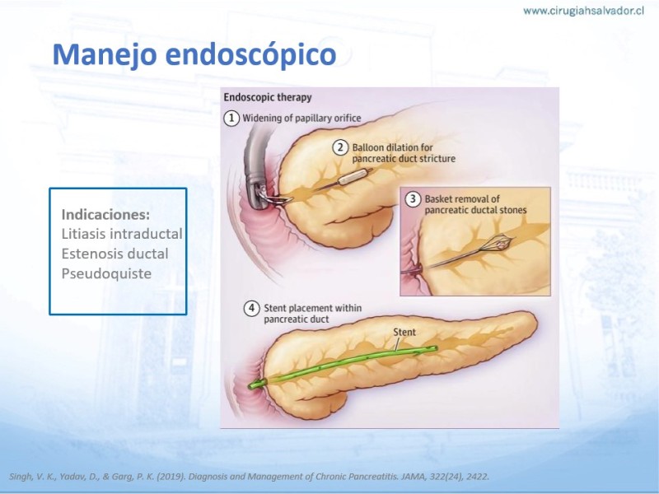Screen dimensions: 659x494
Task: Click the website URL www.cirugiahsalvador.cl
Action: (583, 11)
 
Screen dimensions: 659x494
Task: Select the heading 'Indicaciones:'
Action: (105, 215)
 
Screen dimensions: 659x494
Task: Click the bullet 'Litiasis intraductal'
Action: (122, 234)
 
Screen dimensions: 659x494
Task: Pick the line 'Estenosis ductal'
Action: (115, 254)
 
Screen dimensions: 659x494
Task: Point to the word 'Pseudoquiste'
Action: (106, 274)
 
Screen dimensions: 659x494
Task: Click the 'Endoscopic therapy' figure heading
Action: (268, 97)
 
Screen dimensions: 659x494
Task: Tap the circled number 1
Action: (231, 118)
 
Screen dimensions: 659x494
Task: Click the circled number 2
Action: (340, 147)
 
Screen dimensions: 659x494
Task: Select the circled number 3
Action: (413, 198)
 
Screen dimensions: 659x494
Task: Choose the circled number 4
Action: (251, 308)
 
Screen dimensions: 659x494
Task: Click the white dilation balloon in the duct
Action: (355, 176)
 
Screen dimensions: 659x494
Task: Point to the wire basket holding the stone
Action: (498, 243)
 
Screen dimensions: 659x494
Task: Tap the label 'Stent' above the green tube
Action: (404, 333)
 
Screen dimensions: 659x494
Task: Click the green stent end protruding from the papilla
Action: (256, 384)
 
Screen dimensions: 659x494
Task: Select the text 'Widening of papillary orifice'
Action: (301, 119)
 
